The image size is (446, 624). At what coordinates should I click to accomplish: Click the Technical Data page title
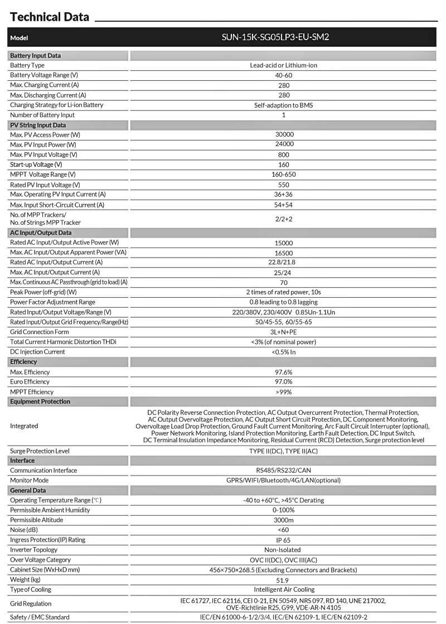pos(49,17)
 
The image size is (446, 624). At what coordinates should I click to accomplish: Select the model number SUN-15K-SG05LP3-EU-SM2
pos(283,38)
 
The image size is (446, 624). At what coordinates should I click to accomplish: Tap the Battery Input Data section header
pos(36,56)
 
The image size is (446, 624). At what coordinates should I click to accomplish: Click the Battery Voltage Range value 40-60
pos(283,75)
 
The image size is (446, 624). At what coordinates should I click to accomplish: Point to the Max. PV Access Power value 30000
pos(283,134)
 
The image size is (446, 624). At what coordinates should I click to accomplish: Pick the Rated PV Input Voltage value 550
pos(283,185)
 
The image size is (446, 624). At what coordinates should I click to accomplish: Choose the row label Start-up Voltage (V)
pos(36,165)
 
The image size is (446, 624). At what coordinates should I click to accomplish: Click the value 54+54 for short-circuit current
pos(283,205)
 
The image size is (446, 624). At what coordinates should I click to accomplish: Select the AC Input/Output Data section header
pos(41,233)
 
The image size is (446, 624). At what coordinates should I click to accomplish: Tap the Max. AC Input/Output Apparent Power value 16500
pos(283,253)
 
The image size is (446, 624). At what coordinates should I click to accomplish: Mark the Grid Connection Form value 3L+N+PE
pos(283,332)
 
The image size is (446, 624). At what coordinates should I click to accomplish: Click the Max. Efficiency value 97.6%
pos(283,372)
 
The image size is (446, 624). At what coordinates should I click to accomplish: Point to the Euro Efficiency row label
pos(30,382)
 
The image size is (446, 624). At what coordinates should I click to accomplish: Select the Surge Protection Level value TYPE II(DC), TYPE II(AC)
pos(283,451)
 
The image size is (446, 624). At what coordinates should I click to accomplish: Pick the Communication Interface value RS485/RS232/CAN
pos(283,470)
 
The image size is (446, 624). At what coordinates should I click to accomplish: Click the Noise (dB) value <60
pos(283,530)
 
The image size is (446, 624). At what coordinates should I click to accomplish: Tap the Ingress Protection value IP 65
pos(283,540)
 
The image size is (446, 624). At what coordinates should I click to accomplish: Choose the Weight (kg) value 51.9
pos(283,579)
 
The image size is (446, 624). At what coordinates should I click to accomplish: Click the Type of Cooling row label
pos(31,589)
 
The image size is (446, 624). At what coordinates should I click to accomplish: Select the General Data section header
pos(28,490)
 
